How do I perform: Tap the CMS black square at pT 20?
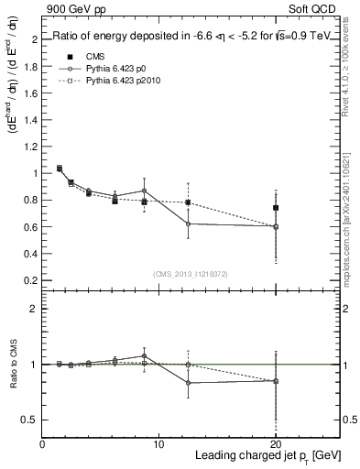coord(276,208)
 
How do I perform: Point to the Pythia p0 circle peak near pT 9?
coord(145,191)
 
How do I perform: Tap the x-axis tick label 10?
coord(158,444)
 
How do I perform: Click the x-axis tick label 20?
coord(276,444)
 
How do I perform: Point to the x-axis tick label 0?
coord(42,444)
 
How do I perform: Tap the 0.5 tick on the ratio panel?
coord(30,420)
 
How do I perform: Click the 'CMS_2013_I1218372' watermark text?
coord(190,273)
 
